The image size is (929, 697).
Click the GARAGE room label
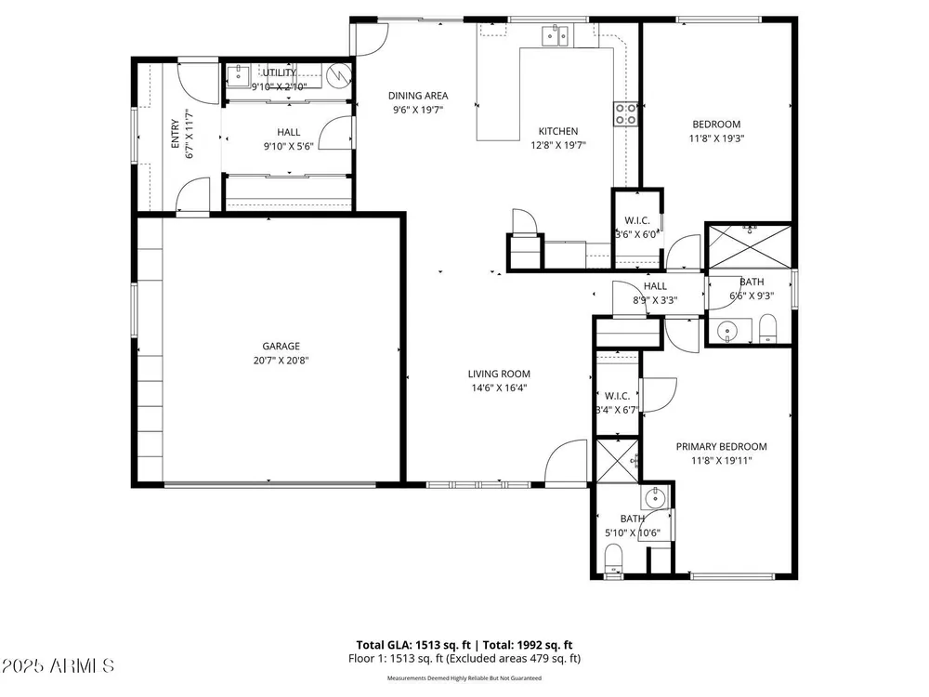click(x=281, y=346)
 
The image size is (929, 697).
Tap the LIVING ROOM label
click(x=499, y=374)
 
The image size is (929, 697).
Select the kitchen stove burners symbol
click(x=625, y=114)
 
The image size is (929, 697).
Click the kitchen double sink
click(x=556, y=35)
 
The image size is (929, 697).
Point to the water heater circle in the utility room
click(x=340, y=74)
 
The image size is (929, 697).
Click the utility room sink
click(x=239, y=76)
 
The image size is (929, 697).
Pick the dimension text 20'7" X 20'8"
click(x=281, y=361)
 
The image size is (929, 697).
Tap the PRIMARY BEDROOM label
click(x=721, y=447)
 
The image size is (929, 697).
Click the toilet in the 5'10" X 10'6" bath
click(x=613, y=560)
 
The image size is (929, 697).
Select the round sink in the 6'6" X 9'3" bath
click(x=727, y=331)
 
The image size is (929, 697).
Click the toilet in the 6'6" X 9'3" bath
click(x=768, y=328)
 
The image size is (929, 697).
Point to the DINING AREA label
click(x=418, y=96)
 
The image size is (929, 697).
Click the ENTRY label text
click(x=175, y=134)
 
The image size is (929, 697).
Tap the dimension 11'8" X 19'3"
click(x=716, y=138)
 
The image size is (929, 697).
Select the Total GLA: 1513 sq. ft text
click(x=413, y=645)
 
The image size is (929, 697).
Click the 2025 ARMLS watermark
click(x=58, y=665)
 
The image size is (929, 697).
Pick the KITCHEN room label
click(x=558, y=132)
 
